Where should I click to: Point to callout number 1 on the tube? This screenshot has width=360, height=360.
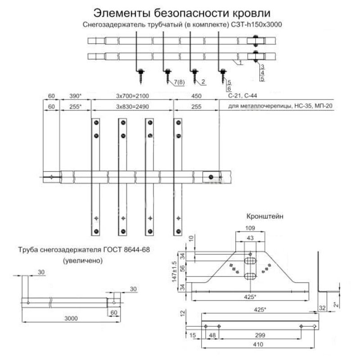(x=241, y=63)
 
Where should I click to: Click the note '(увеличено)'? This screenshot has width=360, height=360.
(x=83, y=260)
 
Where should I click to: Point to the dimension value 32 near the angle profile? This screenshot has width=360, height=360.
(x=322, y=308)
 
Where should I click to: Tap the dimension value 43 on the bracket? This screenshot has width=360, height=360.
(x=250, y=238)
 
